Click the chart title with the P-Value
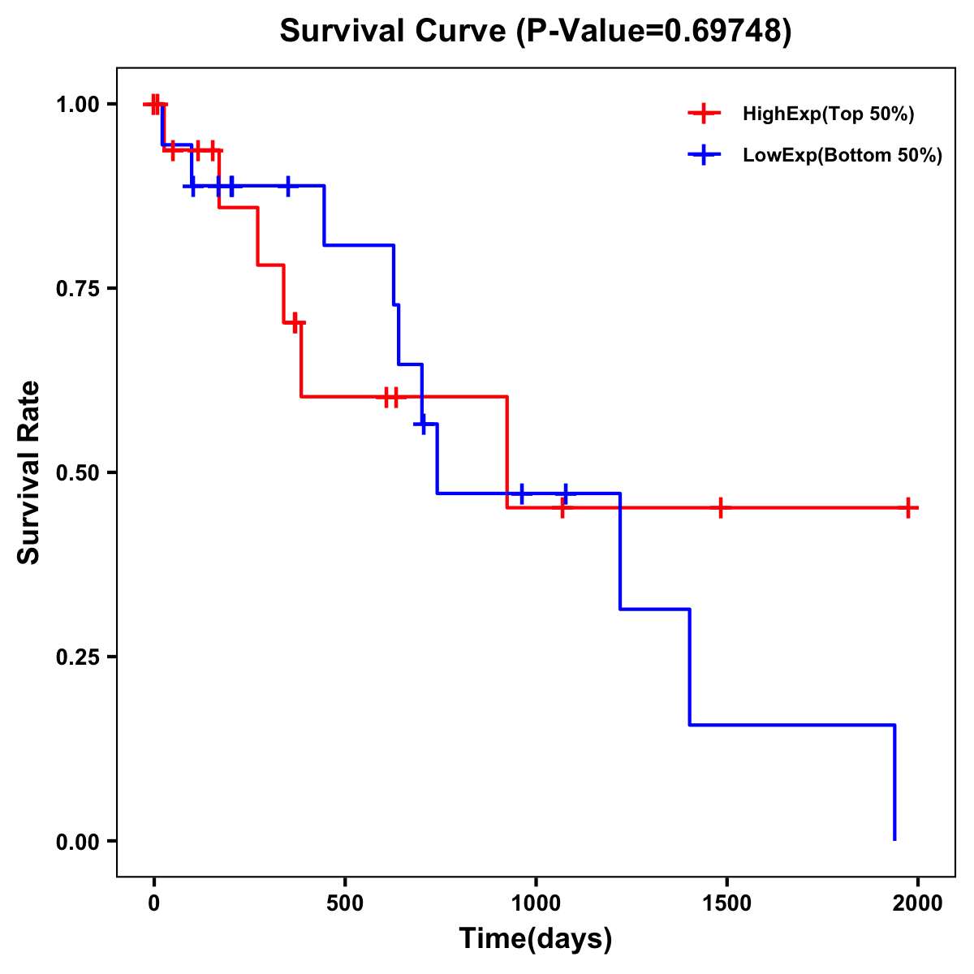[x=535, y=31]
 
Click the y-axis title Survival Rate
[x=29, y=472]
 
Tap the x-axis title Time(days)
[x=535, y=938]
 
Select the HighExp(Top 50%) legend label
[x=828, y=114]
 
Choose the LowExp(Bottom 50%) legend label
[x=842, y=156]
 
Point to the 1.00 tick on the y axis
[x=77, y=105]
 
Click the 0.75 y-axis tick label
[x=77, y=289]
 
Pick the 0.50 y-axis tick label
[x=77, y=473]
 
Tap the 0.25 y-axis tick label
[x=77, y=657]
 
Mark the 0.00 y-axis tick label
[x=77, y=842]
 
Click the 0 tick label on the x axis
[x=153, y=903]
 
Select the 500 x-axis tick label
[x=345, y=903]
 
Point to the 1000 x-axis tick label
[x=536, y=903]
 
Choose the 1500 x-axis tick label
[x=726, y=903]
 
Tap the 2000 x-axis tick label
[x=918, y=903]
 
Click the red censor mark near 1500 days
[x=720, y=508]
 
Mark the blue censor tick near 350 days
[x=288, y=186]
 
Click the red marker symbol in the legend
[x=704, y=114]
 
